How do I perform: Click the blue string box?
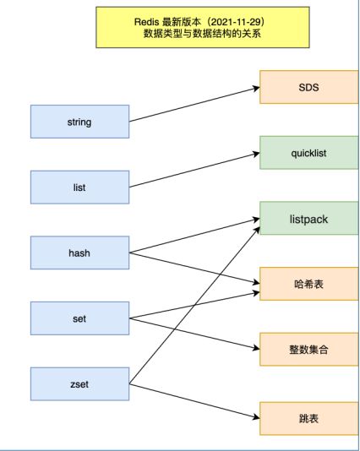pyautogui.click(x=79, y=122)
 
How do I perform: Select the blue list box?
pyautogui.click(x=79, y=187)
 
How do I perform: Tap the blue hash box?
pyautogui.click(x=79, y=253)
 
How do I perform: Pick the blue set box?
pyautogui.click(x=79, y=318)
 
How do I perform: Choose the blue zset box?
pyautogui.click(x=79, y=384)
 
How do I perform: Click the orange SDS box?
pyautogui.click(x=308, y=87)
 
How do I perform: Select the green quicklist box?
pyautogui.click(x=308, y=153)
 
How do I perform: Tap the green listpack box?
pyautogui.click(x=308, y=218)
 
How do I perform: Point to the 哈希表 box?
pyautogui.click(x=308, y=284)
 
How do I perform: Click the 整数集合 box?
pyautogui.click(x=308, y=350)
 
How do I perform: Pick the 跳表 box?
pyautogui.click(x=308, y=419)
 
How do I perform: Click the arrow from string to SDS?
pyautogui.click(x=194, y=105)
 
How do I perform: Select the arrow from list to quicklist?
pyautogui.click(x=194, y=171)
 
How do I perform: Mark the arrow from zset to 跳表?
pyautogui.click(x=194, y=401)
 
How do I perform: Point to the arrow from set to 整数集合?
pyautogui.click(x=194, y=334)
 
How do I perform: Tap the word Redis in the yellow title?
pyautogui.click(x=146, y=22)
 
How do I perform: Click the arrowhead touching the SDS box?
pyautogui.click(x=256, y=89)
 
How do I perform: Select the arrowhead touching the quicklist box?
pyautogui.click(x=256, y=154)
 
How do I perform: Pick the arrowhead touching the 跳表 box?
pyautogui.click(x=256, y=416)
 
